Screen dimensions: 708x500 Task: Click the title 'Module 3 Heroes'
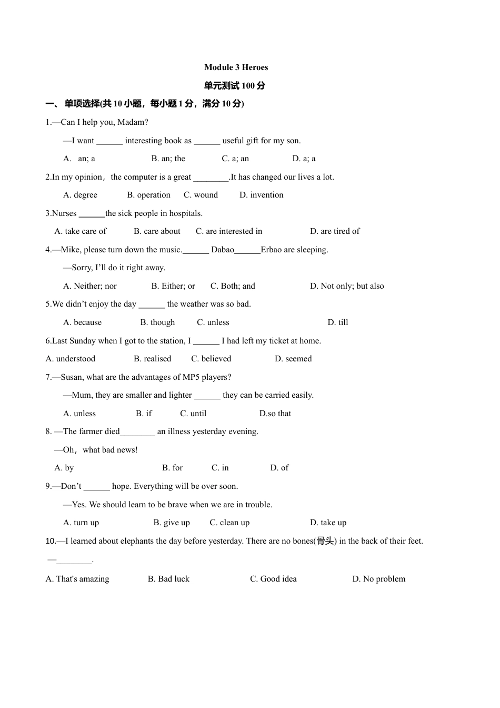(x=236, y=67)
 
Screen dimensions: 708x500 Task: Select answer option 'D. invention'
(x=261, y=195)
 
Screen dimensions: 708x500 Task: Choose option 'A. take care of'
(x=80, y=231)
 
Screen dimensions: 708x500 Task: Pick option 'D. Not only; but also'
(x=347, y=286)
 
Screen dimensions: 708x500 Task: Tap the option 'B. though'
(x=157, y=322)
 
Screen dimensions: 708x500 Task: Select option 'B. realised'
(x=152, y=359)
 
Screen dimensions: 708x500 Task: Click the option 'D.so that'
(x=275, y=414)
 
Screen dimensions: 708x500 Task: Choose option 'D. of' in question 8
(x=279, y=468)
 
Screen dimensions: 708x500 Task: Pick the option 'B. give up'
(x=171, y=523)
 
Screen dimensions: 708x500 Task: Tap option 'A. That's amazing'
(x=77, y=579)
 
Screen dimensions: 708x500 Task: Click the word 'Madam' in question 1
(x=134, y=122)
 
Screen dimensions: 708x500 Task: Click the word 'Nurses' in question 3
(x=64, y=213)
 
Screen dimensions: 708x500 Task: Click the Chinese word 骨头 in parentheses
(x=325, y=541)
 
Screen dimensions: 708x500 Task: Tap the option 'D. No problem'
(x=378, y=579)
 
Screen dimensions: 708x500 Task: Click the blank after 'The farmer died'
(x=137, y=432)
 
